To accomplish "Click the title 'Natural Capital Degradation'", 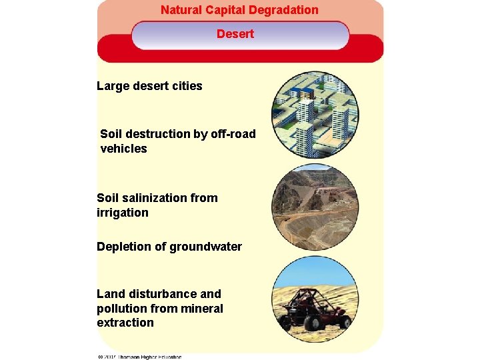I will click(239, 10).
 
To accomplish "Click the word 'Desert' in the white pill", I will click(235, 33).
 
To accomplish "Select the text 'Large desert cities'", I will click(149, 86).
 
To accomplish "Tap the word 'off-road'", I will click(233, 134).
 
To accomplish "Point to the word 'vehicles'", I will click(123, 149).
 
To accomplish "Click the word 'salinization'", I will click(154, 198).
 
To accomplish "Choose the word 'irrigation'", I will click(123, 213).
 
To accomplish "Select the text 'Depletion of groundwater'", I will click(169, 247).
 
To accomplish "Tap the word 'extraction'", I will click(125, 323).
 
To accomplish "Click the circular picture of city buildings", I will click(315, 114).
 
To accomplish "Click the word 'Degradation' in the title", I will click(285, 10).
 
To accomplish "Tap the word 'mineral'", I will click(203, 308).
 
